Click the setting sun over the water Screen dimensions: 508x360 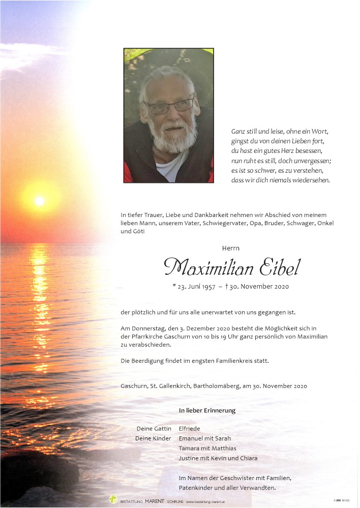(40, 201)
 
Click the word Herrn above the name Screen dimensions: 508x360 (230, 248)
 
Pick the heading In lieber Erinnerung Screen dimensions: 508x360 (207, 410)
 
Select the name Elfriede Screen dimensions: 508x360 (189, 429)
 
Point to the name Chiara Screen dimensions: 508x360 (247, 458)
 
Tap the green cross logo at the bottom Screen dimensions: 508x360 (113, 499)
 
